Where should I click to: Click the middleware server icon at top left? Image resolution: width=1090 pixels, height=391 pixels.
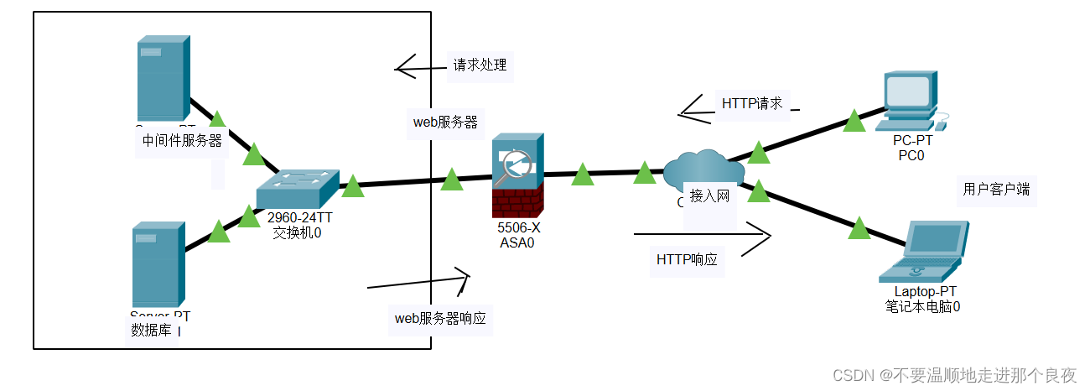163,78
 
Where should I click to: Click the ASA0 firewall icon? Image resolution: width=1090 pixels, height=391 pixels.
517,175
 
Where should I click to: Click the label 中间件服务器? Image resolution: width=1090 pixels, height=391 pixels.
182,141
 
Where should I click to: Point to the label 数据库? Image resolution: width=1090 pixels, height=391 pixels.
152,330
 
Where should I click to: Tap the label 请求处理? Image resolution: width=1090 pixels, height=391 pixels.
480,65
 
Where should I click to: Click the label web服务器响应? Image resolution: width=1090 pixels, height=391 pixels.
440,319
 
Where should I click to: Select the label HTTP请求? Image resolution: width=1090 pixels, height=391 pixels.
752,104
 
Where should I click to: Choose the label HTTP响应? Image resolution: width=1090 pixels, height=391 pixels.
687,259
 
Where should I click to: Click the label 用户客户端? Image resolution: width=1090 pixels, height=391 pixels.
996,190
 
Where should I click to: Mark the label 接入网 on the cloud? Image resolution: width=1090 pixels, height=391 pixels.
709,196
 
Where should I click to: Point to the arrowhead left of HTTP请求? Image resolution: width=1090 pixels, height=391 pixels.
689,107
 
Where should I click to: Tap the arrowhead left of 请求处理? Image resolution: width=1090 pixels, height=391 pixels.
405,67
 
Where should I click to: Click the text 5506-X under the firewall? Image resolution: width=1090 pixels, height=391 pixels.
517,228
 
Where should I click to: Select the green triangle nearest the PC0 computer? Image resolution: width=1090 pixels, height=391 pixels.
854,122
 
